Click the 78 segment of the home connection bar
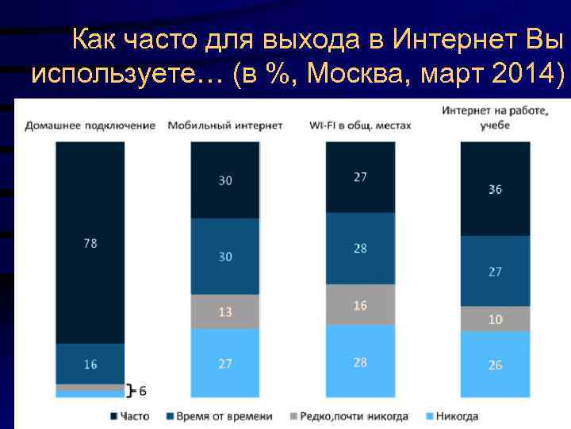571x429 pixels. [x=90, y=243]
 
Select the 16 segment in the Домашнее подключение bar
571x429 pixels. [x=90, y=364]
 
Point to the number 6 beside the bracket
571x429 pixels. [x=142, y=390]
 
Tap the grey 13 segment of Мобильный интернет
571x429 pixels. [x=225, y=311]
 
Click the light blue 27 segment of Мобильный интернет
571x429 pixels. [x=225, y=363]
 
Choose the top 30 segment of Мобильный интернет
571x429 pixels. [x=225, y=181]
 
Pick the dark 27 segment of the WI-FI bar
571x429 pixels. [x=360, y=177]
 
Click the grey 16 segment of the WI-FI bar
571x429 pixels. [x=360, y=305]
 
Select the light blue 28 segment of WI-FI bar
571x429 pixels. [x=360, y=361]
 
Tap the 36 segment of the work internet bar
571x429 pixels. [x=495, y=189]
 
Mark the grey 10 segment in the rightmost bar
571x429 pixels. [x=495, y=319]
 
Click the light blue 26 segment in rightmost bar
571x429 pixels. [x=495, y=365]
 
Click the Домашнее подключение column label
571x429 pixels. [x=90, y=126]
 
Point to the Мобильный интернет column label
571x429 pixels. [x=225, y=126]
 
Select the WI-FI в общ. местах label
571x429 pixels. [x=360, y=126]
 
